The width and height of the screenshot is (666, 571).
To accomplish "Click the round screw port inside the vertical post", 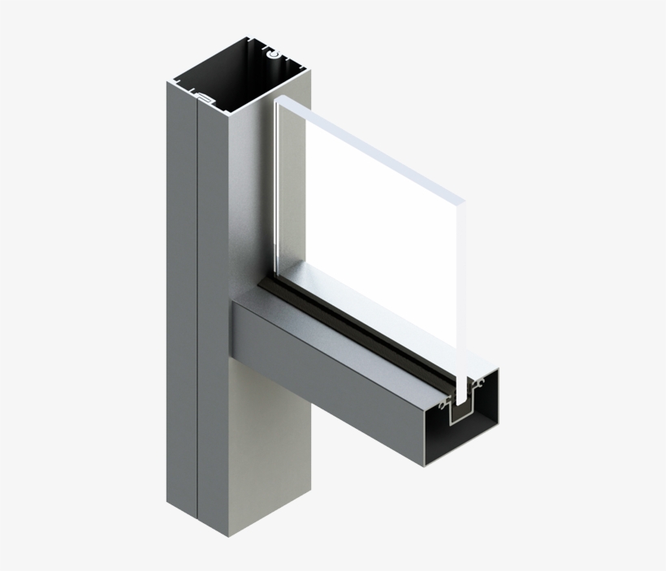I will point(275,54).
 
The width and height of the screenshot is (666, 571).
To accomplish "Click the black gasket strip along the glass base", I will point(357,333).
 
